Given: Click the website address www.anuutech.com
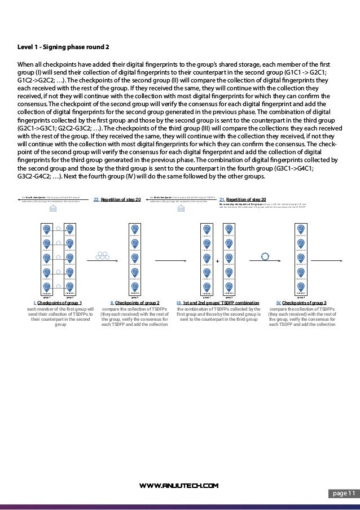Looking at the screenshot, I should pyautogui.click(x=180, y=485).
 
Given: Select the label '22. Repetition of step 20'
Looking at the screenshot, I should pyautogui.click(x=116, y=199).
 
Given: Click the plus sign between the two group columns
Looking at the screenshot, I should pyautogui.click(x=217, y=261).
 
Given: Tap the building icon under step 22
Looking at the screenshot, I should pyautogui.click(x=53, y=209).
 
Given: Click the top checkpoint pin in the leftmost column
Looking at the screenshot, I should pyautogui.click(x=47, y=229).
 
